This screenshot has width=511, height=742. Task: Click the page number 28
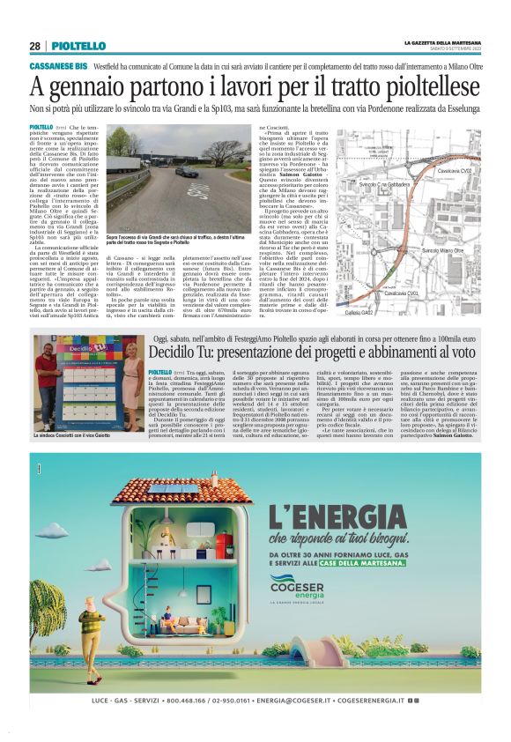pos(34,46)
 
